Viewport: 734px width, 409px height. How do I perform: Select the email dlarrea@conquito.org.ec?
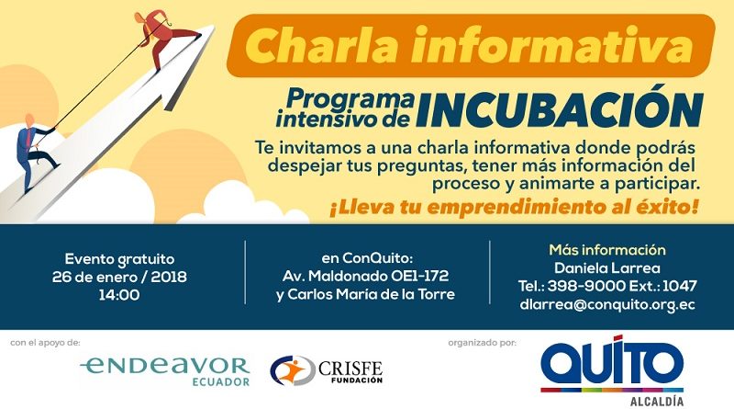pos(607,304)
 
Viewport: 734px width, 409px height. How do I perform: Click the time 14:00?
pos(119,295)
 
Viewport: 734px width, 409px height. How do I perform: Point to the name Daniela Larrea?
pos(607,267)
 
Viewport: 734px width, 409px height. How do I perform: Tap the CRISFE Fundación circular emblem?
pos(293,370)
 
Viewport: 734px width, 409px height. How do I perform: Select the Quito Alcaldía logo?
pos(612,369)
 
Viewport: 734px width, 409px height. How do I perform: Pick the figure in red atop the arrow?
pos(164,39)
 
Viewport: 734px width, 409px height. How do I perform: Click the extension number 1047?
pos(680,286)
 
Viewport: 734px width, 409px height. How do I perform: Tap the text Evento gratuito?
pos(119,259)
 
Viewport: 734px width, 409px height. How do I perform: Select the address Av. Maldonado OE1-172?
pos(365,276)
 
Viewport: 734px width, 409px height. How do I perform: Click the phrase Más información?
pos(607,249)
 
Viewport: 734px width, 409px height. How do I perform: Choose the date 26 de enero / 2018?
pos(119,277)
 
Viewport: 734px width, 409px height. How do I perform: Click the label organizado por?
pos(483,343)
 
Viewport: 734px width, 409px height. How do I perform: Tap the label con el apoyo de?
pos(45,343)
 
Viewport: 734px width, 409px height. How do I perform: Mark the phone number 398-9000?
pos(586,286)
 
